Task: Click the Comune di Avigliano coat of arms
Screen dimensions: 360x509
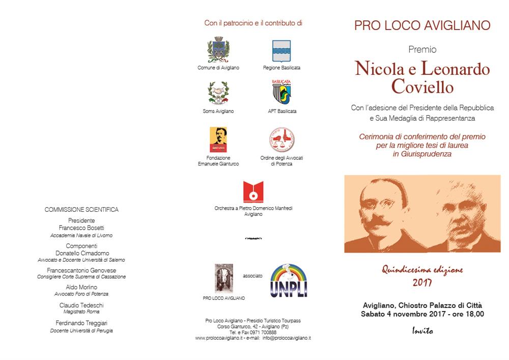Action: pos(218,50)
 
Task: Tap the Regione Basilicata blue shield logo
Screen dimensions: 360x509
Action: pos(281,51)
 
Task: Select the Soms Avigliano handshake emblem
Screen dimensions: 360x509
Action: pos(218,93)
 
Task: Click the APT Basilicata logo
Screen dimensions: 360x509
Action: pos(281,93)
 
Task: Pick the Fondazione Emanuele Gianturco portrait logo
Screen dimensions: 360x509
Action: pos(218,140)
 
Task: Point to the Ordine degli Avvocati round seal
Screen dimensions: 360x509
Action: pos(281,140)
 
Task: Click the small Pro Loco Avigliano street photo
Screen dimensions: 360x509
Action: pos(224,278)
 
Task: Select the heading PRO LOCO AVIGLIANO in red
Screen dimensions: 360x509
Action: pos(422,25)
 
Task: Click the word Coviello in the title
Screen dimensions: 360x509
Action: pos(422,87)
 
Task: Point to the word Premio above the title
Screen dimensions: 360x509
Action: pos(422,49)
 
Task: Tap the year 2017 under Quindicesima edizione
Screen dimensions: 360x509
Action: pos(422,283)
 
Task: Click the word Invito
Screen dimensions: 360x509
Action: pos(422,331)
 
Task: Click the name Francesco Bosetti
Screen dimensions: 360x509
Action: pos(81,228)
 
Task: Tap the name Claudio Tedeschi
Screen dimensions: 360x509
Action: pos(81,304)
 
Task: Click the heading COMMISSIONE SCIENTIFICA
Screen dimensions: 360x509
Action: pos(81,209)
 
